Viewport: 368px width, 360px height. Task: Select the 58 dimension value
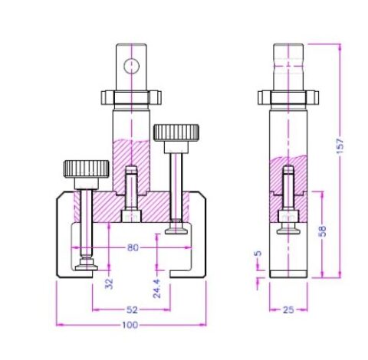pos(325,231)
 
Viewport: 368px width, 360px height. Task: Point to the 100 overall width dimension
pos(130,326)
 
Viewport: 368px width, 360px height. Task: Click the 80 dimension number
pos(133,247)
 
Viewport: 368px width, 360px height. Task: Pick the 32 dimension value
pos(109,283)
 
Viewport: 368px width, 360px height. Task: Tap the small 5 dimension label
pos(258,254)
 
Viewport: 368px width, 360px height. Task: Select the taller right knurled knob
pos(176,133)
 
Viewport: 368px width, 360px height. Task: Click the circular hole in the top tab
pos(132,65)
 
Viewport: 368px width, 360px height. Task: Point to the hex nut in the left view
pos(132,97)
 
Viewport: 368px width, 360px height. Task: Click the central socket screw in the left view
pos(131,194)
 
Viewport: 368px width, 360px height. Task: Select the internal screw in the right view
pos(287,191)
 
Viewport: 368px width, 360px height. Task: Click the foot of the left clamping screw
pos(86,265)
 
